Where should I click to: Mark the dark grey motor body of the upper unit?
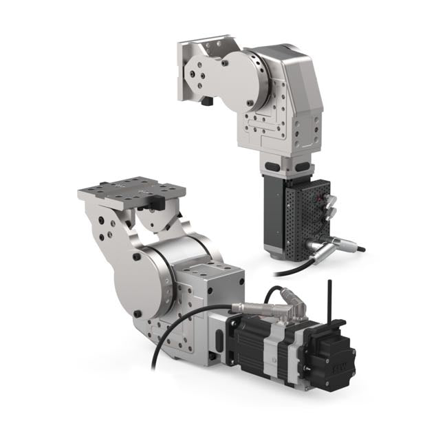coord(276,213)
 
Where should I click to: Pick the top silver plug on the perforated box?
coord(329,195)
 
